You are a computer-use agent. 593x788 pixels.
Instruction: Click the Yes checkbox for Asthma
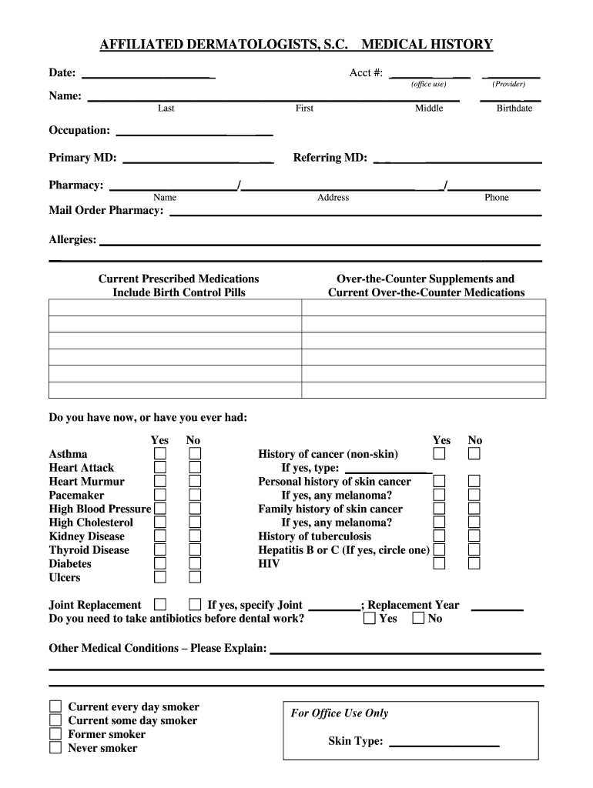(x=159, y=453)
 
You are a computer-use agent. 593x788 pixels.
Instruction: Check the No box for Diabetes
(x=196, y=563)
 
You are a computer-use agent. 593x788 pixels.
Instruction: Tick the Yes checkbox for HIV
(x=439, y=563)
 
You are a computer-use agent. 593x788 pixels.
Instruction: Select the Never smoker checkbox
(x=55, y=747)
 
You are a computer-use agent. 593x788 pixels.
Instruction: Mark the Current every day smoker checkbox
(x=55, y=706)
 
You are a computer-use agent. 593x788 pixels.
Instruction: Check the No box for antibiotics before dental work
(x=418, y=618)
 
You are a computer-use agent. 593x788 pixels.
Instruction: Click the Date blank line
(x=148, y=75)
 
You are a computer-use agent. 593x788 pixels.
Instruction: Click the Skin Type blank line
(x=444, y=743)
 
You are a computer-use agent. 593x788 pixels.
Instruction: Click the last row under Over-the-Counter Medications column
(x=424, y=389)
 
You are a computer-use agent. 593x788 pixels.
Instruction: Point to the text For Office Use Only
(x=339, y=713)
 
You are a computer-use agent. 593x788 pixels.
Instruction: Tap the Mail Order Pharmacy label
(x=106, y=211)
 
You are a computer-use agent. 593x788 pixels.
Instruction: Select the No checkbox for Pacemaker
(x=196, y=495)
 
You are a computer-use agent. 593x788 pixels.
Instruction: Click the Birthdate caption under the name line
(x=514, y=109)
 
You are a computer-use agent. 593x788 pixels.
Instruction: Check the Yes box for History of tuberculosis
(x=439, y=536)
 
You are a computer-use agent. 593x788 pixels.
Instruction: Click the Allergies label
(x=72, y=240)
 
